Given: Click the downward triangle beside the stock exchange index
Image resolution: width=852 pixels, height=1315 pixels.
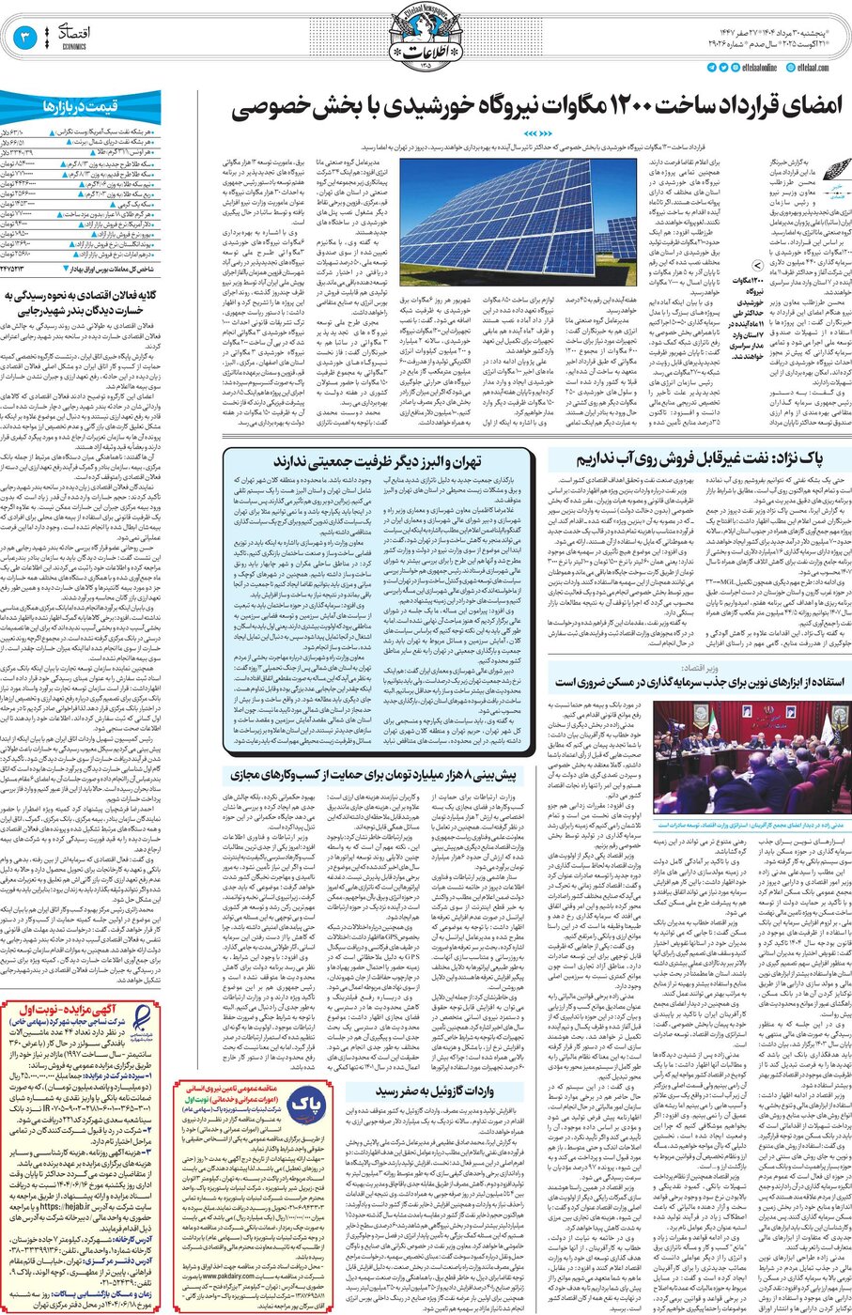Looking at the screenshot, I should (x=76, y=268).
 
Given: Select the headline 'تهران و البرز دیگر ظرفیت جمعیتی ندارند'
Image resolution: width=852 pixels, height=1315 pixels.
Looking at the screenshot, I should (x=378, y=460).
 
